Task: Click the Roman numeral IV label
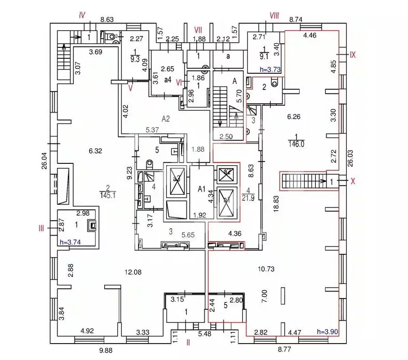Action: point(82,15)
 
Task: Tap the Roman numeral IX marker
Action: point(353,54)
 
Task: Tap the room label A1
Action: point(202,189)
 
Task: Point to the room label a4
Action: point(166,80)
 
